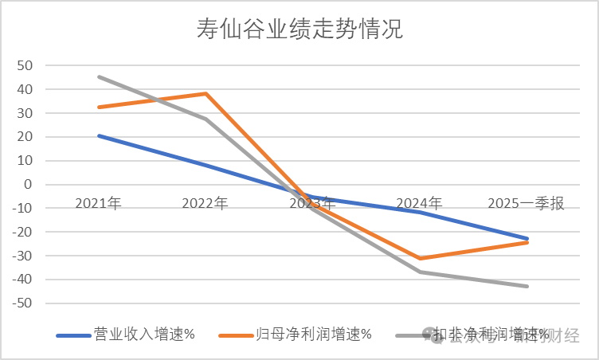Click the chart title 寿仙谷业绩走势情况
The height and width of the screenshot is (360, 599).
tap(299, 30)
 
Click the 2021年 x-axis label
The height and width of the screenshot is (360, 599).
tap(98, 204)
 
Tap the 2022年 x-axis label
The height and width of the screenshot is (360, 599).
tap(205, 204)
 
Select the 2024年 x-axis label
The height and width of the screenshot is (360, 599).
tap(419, 204)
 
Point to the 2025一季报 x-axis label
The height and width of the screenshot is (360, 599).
tap(527, 204)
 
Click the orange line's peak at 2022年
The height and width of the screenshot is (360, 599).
tap(206, 94)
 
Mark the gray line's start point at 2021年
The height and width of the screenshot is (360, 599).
tap(99, 76)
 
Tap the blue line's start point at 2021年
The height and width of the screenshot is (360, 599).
tap(99, 135)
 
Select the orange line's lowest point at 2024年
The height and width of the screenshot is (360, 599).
tap(420, 258)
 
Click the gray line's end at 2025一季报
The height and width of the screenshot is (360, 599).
tap(527, 286)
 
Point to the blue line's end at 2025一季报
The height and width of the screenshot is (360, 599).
tap(527, 238)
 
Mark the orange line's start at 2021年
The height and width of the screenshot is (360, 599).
tap(99, 107)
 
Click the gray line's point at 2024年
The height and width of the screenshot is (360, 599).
tap(420, 272)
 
